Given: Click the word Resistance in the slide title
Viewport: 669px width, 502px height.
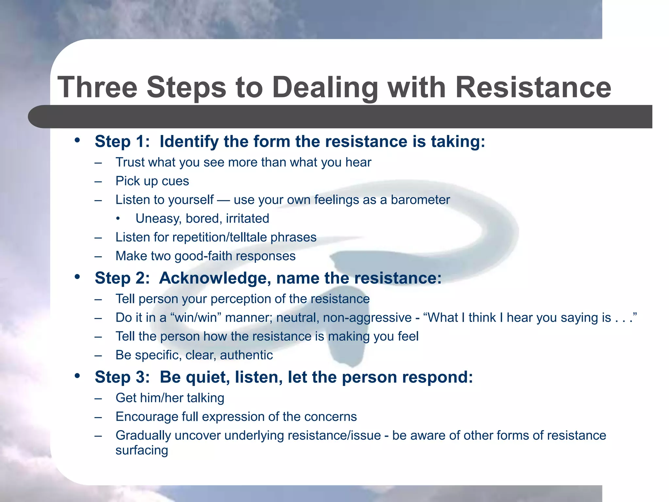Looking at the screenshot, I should point(533,87).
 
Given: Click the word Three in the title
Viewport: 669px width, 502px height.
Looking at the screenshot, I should point(97,87).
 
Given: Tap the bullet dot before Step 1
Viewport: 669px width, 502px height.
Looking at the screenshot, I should point(77,141).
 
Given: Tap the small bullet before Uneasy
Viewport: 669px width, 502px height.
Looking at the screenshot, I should point(118,219).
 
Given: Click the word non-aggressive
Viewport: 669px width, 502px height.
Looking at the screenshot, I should point(367,318).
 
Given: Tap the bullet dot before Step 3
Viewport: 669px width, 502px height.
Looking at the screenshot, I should point(77,376).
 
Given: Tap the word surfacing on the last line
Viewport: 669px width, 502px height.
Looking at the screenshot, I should point(142,450).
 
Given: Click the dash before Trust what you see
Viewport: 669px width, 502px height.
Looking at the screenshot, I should point(98,163).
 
